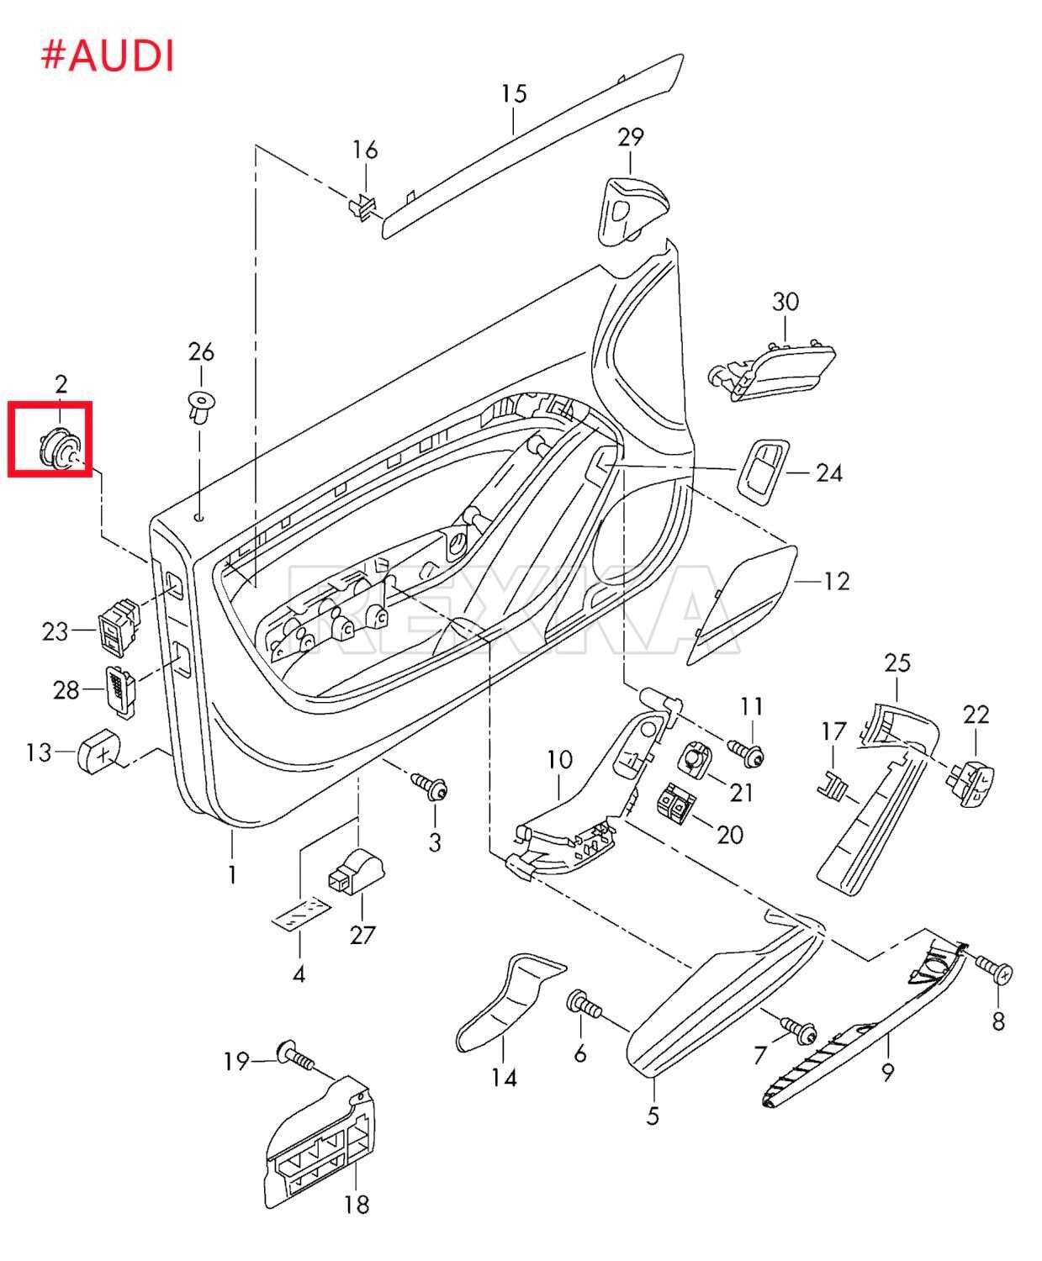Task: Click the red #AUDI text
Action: [x=108, y=56]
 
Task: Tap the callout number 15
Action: [x=514, y=93]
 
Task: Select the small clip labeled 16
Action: [x=362, y=206]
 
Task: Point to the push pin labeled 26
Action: [x=200, y=407]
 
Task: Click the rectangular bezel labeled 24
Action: [x=762, y=471]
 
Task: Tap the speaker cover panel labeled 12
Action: [x=740, y=602]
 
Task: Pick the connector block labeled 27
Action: [x=356, y=870]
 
